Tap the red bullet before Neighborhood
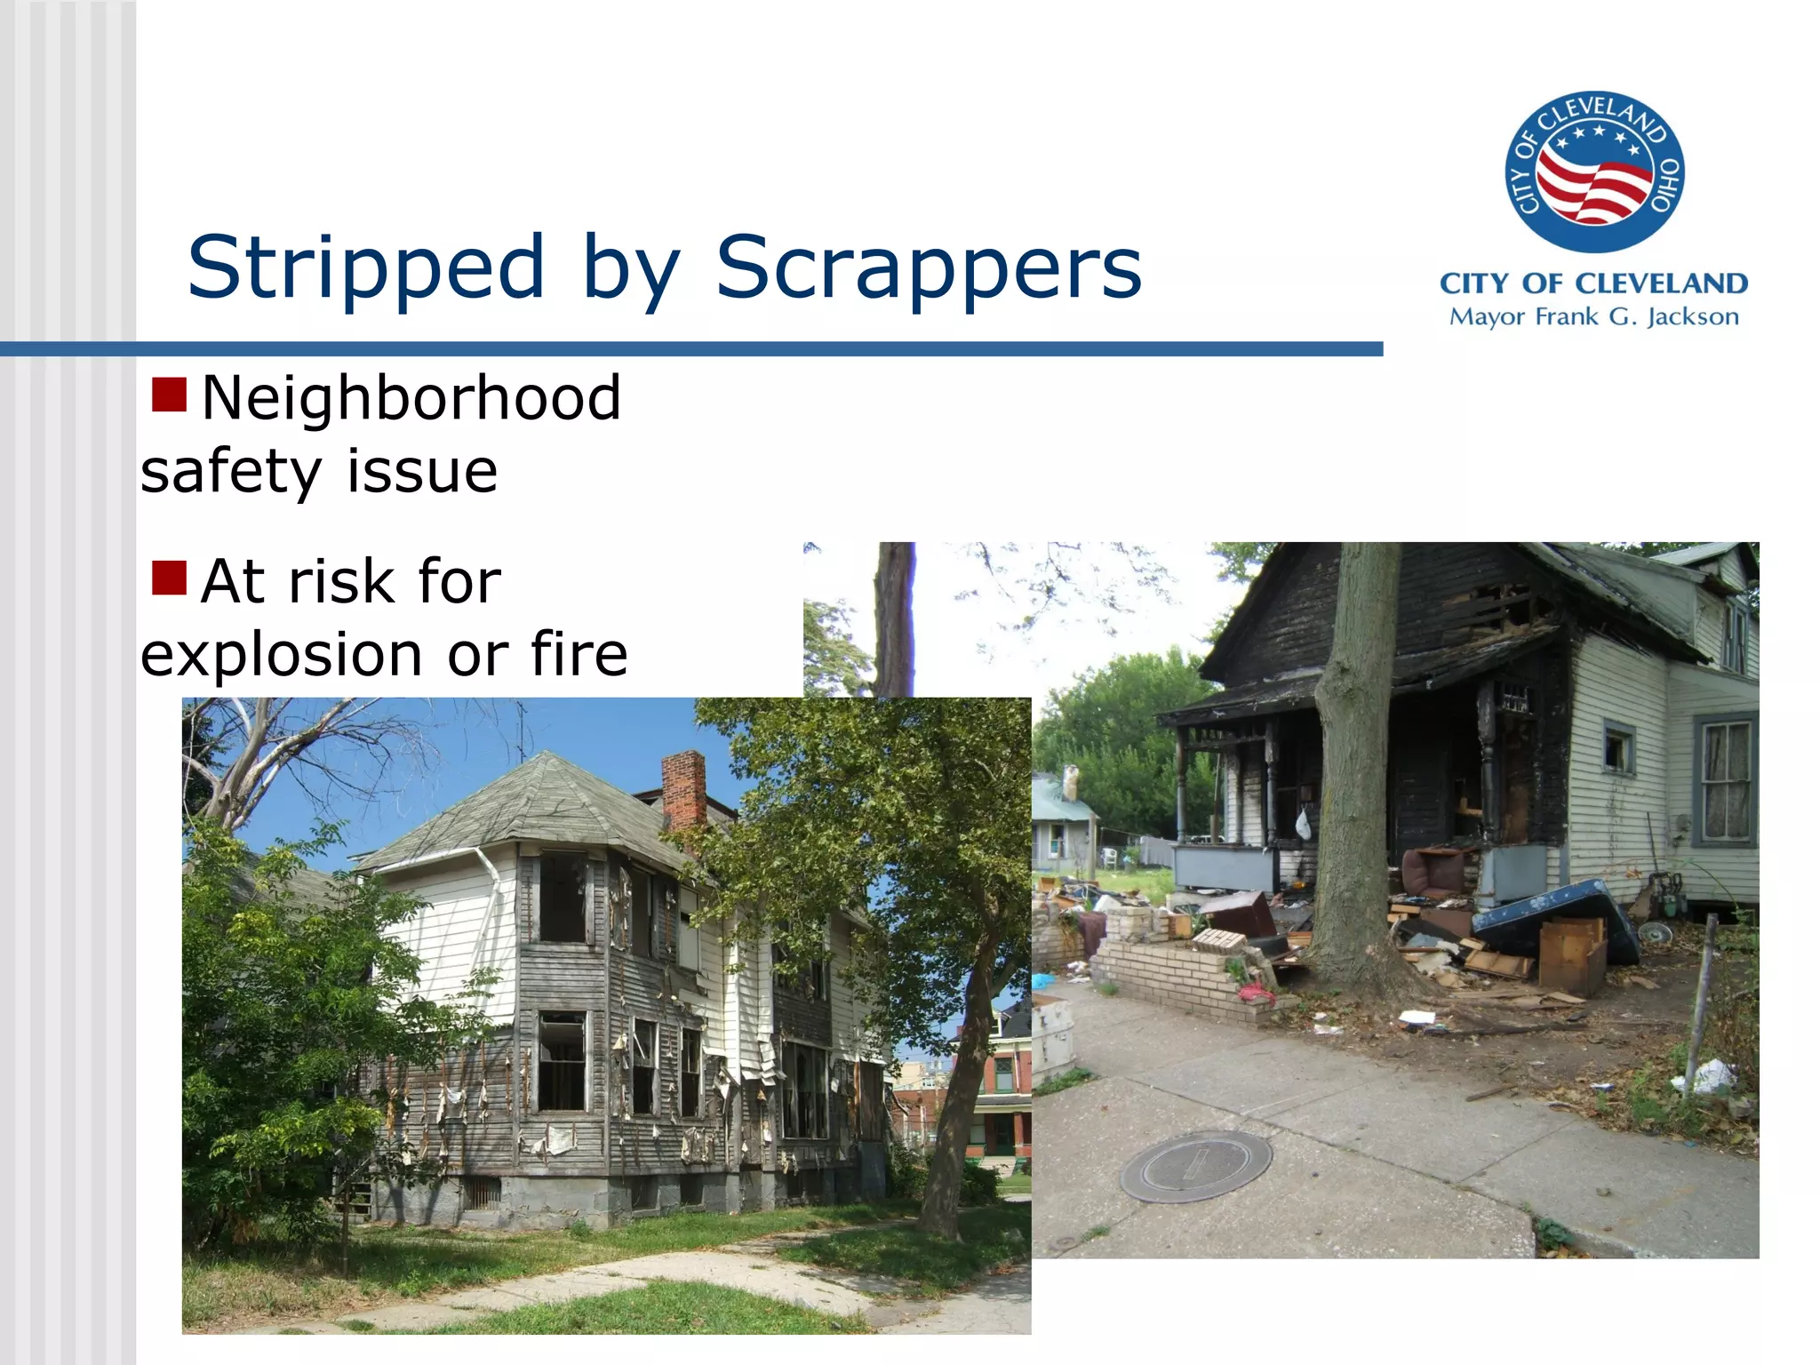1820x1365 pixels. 169,395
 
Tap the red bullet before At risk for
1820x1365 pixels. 169,579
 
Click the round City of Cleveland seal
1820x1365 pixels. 1594,172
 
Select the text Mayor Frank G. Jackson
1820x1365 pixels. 1593,317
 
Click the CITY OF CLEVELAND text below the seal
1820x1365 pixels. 1593,283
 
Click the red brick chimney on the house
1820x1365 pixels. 683,789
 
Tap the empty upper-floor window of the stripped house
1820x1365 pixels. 563,898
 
